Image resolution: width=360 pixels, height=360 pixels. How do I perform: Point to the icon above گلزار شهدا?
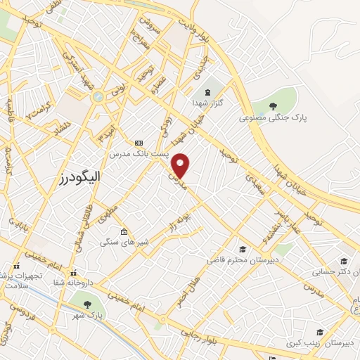(207, 91)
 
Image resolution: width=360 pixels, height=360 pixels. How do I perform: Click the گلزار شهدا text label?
(207, 103)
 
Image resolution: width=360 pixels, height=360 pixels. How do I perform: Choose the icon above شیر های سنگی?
(124, 232)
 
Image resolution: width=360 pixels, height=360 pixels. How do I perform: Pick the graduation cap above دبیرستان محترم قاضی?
(243, 249)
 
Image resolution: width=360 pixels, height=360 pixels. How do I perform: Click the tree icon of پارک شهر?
(86, 304)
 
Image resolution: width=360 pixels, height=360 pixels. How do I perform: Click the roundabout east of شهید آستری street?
(98, 96)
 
